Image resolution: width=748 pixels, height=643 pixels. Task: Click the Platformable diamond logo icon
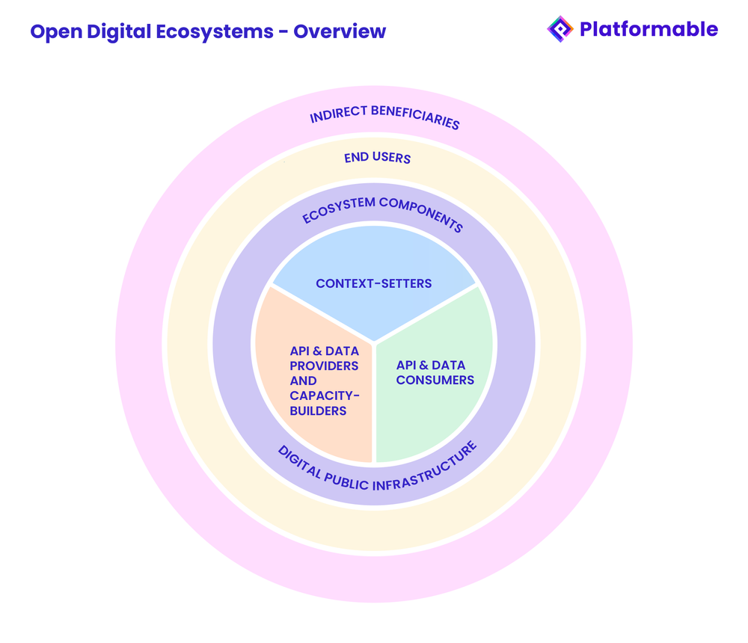560,29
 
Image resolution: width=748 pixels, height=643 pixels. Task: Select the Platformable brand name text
648,29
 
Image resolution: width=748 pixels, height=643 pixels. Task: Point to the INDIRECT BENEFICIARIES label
384,117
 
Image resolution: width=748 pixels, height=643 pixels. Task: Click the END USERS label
377,158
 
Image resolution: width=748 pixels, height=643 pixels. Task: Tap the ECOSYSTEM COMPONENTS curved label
382,212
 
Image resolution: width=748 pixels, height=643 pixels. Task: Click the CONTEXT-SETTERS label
374,283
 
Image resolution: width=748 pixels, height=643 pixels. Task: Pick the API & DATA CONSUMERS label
435,372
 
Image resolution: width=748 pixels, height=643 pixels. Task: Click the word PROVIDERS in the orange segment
324,366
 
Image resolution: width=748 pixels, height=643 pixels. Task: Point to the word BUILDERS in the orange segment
318,410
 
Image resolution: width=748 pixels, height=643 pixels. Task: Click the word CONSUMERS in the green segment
435,380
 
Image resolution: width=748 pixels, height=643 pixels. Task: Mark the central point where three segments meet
374,344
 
